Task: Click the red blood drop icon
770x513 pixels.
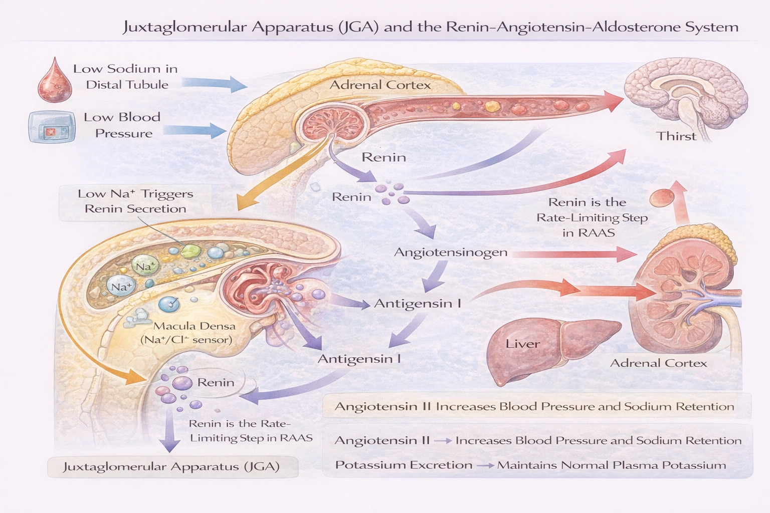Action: (x=55, y=79)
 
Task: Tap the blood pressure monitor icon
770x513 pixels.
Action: (x=52, y=127)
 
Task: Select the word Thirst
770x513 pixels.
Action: (x=676, y=136)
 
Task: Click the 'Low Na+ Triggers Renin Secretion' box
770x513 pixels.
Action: (x=135, y=201)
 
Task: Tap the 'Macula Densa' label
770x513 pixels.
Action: (x=194, y=326)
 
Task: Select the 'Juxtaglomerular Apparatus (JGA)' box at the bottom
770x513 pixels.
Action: (x=171, y=467)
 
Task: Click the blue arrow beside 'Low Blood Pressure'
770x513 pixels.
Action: (x=195, y=130)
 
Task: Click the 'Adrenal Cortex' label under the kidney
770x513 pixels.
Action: (x=658, y=363)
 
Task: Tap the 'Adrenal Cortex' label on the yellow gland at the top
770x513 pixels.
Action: (x=379, y=85)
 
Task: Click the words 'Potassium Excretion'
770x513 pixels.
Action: (x=404, y=465)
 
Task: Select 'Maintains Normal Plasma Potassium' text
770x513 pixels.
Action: (x=611, y=465)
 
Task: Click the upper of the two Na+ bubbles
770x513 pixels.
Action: (x=145, y=266)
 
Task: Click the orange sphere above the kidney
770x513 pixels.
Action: (x=660, y=198)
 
